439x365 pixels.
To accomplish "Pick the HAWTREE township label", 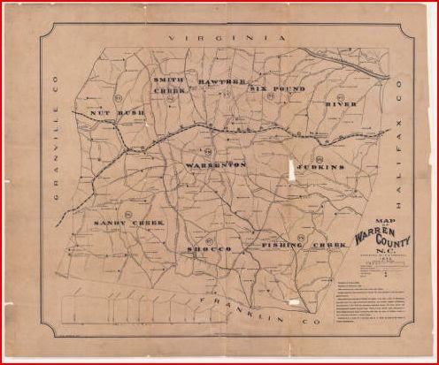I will point(221,81).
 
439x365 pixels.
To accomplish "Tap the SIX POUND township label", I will point(277,88).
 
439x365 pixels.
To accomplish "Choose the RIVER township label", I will point(341,104).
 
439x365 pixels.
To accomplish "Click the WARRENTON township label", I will point(217,165).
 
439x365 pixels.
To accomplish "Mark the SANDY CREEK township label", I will point(128,224).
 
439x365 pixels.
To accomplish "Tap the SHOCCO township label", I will point(209,250).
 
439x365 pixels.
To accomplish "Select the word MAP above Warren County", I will point(387,222).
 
